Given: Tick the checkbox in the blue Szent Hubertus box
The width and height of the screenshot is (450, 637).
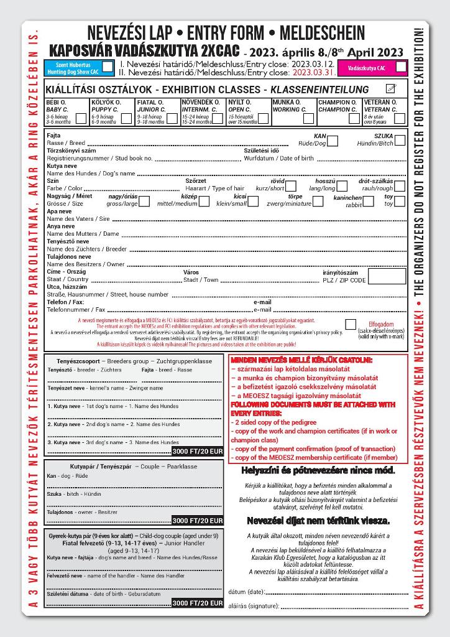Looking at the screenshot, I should click(x=108, y=67).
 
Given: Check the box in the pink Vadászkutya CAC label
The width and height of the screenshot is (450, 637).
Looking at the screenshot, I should click(x=401, y=67).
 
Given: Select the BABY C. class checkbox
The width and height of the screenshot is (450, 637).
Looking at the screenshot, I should click(x=81, y=118).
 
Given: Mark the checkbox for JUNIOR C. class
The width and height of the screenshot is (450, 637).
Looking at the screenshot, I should click(x=172, y=118).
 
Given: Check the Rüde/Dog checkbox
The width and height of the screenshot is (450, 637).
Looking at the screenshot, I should click(x=333, y=141).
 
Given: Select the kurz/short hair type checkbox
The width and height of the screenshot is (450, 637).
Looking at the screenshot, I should click(x=290, y=186).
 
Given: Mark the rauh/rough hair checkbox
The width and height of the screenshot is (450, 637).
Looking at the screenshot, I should click(x=400, y=186).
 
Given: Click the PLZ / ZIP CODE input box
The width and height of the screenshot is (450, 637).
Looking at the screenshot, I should click(x=387, y=276).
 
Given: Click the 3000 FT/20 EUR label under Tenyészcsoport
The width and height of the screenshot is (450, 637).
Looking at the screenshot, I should click(x=197, y=451).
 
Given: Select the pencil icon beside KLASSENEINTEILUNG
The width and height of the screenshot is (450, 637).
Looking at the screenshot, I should click(x=391, y=89).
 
